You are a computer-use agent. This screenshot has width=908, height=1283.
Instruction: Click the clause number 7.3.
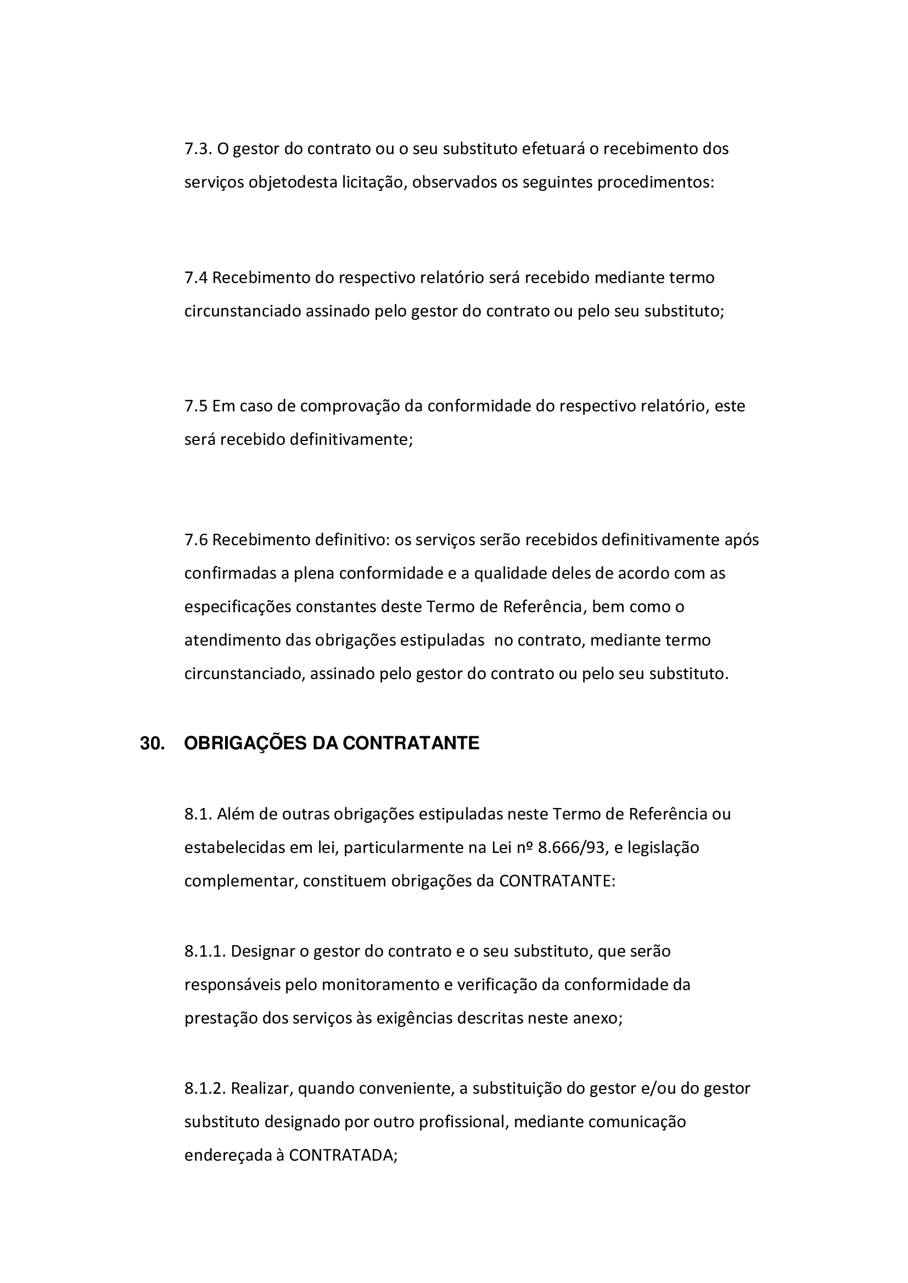(x=198, y=149)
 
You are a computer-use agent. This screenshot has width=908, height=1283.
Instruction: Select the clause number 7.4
(x=195, y=278)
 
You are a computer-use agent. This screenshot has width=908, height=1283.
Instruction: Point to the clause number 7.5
(x=195, y=406)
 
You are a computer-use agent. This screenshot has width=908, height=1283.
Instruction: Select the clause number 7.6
(x=195, y=540)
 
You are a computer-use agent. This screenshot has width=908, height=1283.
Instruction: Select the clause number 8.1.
(x=198, y=814)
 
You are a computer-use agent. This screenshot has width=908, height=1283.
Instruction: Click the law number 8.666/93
(x=571, y=847)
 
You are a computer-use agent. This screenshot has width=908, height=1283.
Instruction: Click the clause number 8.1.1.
(x=205, y=951)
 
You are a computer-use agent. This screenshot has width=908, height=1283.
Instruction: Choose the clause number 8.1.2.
(x=205, y=1088)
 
